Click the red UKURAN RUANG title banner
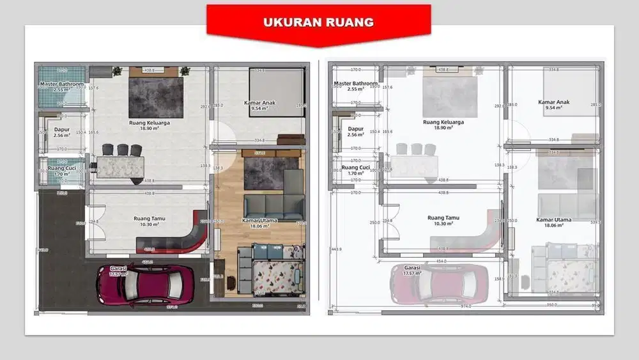click(x=318, y=23)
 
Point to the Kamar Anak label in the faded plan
click(x=553, y=102)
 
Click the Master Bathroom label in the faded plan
click(x=355, y=84)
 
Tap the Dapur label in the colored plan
click(x=61, y=129)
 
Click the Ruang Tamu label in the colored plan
click(x=150, y=219)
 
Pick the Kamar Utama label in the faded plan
click(x=553, y=220)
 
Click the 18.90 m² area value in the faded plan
click(x=443, y=128)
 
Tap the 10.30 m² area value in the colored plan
click(x=150, y=224)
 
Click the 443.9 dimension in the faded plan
click(x=332, y=249)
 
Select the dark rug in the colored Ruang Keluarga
click(x=156, y=97)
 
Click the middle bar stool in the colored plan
click(x=122, y=150)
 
